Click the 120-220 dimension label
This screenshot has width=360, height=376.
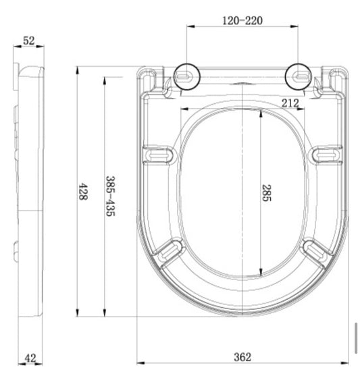(242, 21)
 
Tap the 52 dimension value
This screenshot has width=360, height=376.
(29, 41)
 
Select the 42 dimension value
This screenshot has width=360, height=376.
(30, 358)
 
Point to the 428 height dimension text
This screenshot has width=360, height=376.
(83, 192)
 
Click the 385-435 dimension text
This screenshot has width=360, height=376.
(110, 196)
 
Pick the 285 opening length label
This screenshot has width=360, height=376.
(266, 193)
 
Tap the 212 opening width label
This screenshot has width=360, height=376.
(290, 103)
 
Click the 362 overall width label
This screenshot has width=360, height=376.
(242, 357)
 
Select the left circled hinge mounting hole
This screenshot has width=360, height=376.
(186, 77)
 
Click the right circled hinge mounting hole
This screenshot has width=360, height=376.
(299, 77)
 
